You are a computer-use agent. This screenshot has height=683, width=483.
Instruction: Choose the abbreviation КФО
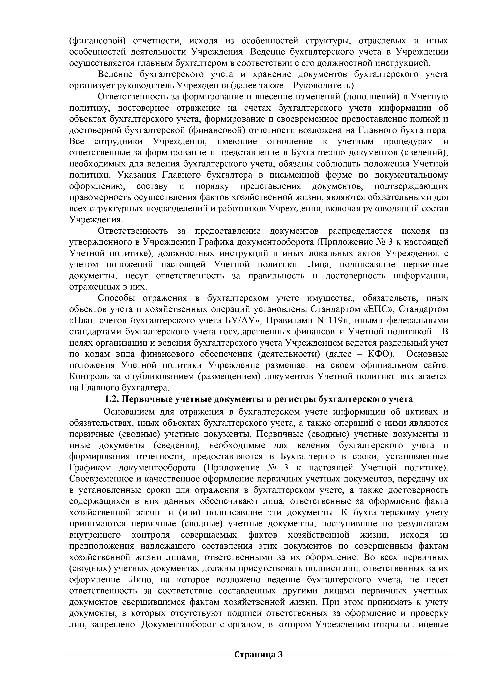377,354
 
